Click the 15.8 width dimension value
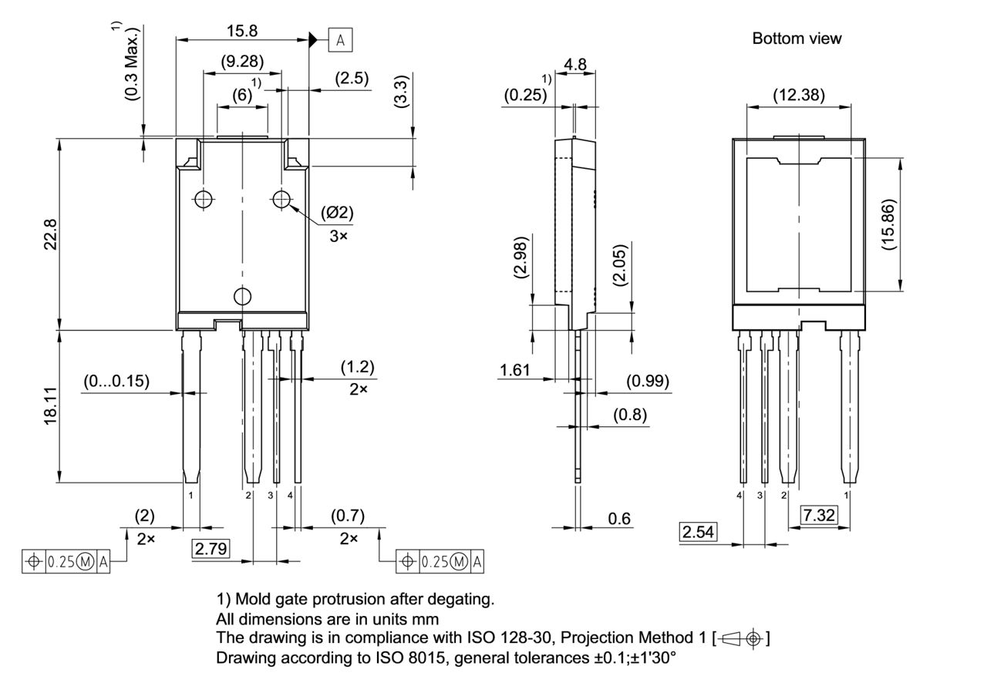[x=241, y=31]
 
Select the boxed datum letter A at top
[x=340, y=39]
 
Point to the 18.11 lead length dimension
[x=50, y=406]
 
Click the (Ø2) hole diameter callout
[x=338, y=214]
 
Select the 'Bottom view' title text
[x=797, y=38]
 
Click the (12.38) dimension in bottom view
[x=798, y=95]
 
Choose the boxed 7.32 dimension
[x=819, y=516]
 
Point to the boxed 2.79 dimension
[x=211, y=549]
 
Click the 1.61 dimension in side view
[x=514, y=371]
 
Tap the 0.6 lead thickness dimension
[x=619, y=519]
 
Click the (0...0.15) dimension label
[x=116, y=381]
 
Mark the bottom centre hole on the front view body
[x=243, y=296]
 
